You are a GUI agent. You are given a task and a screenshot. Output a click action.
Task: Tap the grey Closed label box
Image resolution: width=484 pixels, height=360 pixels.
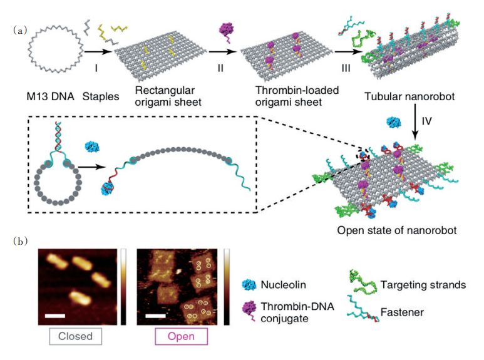click(x=75, y=336)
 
